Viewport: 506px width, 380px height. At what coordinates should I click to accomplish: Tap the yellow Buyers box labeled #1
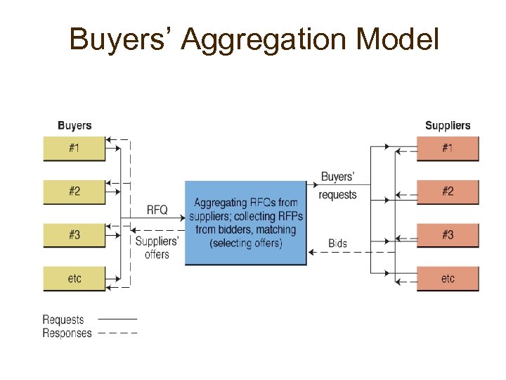tap(74, 148)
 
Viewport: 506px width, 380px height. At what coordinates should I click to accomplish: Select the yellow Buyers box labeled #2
tap(74, 192)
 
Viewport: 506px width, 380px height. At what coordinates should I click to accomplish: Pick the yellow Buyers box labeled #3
tap(74, 235)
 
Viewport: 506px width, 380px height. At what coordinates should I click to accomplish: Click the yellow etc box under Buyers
tap(74, 279)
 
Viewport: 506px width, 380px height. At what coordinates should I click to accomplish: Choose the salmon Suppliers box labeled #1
tap(447, 148)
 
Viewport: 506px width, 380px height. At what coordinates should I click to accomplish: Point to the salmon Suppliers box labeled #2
tap(447, 192)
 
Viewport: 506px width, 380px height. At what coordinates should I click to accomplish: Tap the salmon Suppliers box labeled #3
tap(447, 235)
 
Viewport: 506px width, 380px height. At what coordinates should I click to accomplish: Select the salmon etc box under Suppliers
tap(447, 279)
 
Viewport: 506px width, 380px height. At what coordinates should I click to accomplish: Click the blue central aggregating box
tap(245, 222)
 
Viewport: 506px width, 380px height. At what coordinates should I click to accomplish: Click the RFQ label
tap(157, 209)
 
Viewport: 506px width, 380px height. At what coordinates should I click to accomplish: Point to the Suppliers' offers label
tap(157, 247)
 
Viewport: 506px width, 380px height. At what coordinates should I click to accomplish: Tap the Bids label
tap(337, 243)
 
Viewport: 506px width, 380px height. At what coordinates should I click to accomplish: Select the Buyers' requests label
tap(337, 186)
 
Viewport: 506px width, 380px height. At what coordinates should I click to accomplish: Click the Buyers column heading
tap(74, 126)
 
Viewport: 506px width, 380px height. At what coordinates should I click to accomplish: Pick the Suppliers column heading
tap(448, 126)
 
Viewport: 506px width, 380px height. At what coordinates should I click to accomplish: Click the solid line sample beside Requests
tap(117, 320)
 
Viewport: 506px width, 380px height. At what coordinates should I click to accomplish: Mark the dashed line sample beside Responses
tap(117, 333)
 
